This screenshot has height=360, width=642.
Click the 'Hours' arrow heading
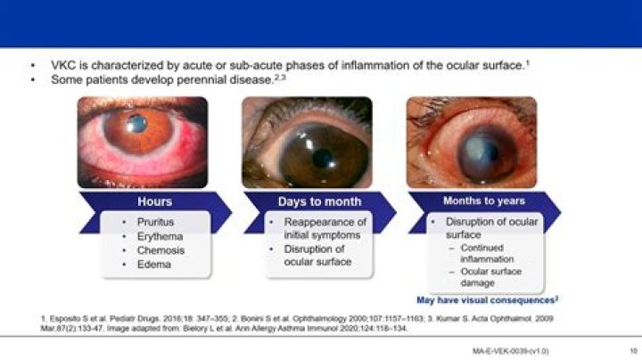tap(154, 201)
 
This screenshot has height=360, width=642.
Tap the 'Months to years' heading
tap(484, 200)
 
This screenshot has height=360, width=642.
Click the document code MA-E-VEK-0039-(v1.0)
tap(510, 352)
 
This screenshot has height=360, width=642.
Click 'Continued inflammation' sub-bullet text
tap(487, 253)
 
